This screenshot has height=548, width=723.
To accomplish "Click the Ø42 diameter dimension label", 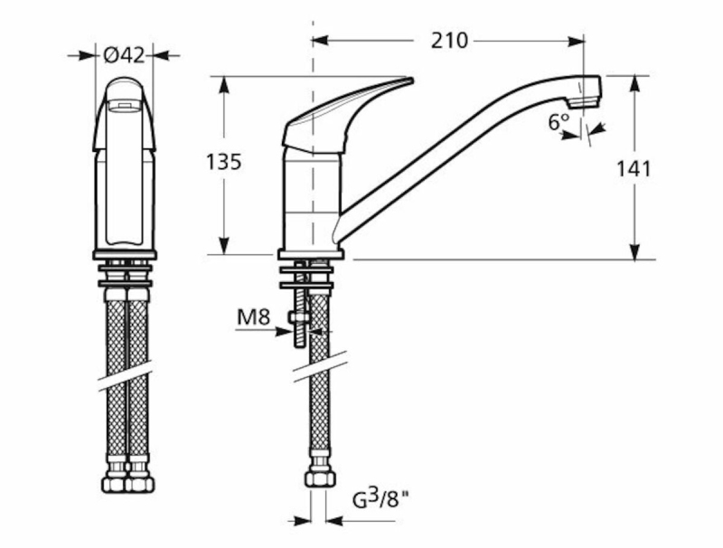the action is [x=124, y=56].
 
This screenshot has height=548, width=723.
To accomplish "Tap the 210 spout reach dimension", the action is [x=449, y=41].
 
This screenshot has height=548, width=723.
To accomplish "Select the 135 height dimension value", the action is [x=223, y=162].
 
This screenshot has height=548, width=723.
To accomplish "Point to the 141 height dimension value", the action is [x=634, y=169].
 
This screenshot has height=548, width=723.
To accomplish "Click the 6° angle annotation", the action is [x=559, y=122].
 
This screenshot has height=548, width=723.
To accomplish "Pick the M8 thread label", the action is [x=253, y=317].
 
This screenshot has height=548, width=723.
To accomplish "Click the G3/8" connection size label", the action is [x=380, y=499].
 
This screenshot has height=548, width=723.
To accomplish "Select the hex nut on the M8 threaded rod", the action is [x=299, y=317].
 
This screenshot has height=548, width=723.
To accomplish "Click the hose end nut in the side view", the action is [x=319, y=477].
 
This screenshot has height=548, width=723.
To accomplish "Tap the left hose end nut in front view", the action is [x=114, y=484].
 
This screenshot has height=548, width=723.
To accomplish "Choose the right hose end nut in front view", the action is [x=141, y=484].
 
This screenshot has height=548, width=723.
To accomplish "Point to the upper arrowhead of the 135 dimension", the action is [x=224, y=85].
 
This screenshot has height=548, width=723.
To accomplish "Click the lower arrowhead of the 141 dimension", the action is [x=634, y=250].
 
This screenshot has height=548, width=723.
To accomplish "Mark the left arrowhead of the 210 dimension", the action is [x=321, y=41].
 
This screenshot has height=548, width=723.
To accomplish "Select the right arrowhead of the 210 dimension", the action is [x=576, y=41].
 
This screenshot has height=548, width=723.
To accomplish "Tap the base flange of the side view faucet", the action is [x=311, y=254].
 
